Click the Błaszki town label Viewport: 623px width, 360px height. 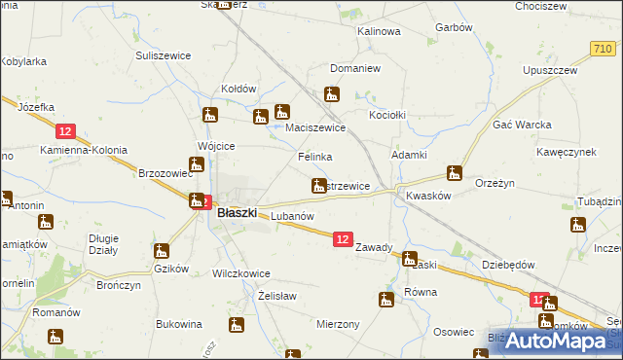237,212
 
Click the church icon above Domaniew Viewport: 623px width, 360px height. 332,94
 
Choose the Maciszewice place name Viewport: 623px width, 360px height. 315,127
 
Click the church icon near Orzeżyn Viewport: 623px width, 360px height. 454,174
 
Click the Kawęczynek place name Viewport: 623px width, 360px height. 566,153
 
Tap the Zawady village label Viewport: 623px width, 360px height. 375,247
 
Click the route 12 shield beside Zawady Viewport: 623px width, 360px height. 342,238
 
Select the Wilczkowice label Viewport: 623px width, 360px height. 240,273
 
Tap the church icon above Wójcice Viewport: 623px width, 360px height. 207,115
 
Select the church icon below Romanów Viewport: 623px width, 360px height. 55,338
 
